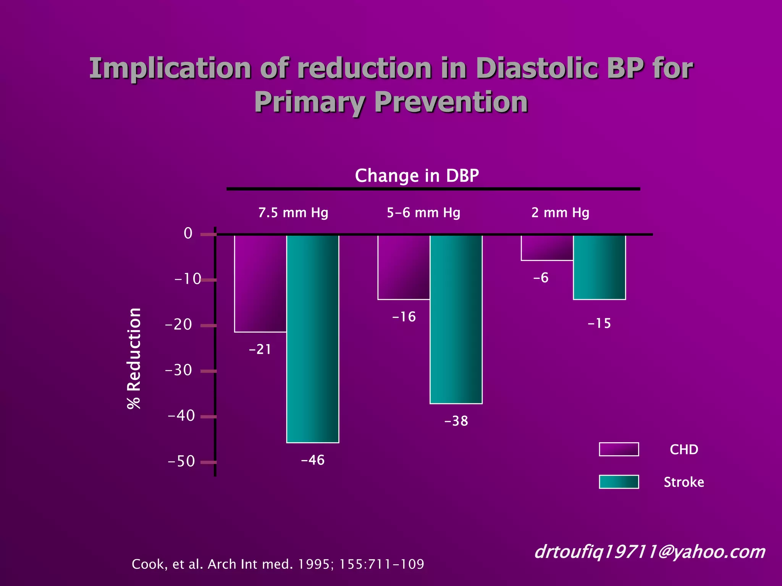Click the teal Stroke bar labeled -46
[312, 339]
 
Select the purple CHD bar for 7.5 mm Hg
[260, 283]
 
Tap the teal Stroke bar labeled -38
[456, 319]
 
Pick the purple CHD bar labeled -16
[404, 267]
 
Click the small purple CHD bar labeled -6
[547, 248]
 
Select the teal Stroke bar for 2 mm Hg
[599, 267]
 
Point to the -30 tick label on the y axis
[178, 370]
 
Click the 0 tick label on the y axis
[188, 233]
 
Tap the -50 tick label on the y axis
[181, 461]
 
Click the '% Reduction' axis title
[134, 358]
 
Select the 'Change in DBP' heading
[417, 175]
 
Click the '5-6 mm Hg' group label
[423, 213]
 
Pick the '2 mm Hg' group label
[560, 213]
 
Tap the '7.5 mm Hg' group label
[293, 213]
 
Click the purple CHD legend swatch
[619, 449]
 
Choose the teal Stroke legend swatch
[619, 482]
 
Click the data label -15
[599, 324]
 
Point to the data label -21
[260, 349]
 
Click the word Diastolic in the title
[536, 68]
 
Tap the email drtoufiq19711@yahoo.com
[650, 552]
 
